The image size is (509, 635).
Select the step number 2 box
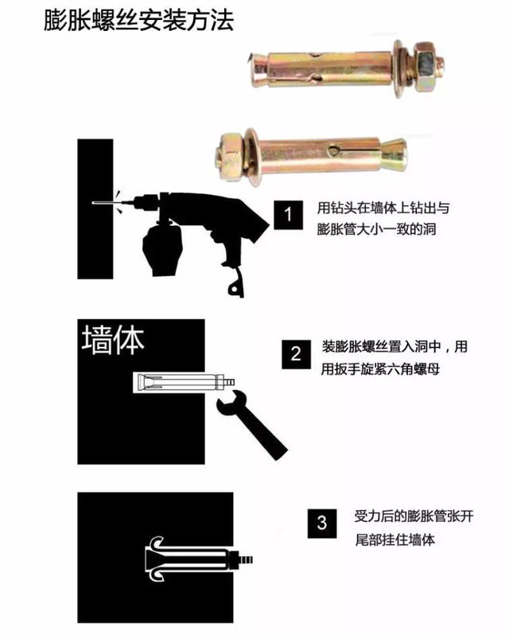click(295, 355)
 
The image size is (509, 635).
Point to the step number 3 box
click(321, 523)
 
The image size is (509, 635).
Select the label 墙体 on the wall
click(113, 341)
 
